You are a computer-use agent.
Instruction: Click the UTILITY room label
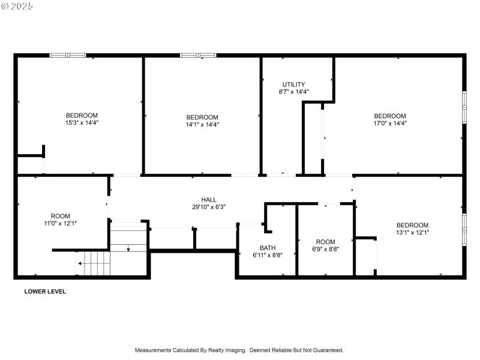pos(294,84)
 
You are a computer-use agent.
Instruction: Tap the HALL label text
pos(209,200)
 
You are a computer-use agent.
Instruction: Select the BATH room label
pos(268,248)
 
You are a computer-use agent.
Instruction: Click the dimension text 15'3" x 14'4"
pos(82,122)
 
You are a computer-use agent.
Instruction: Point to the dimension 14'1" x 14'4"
pos(202,125)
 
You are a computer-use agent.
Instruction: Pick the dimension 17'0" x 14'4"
pos(390,124)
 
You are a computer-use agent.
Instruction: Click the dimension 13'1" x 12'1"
pos(412,233)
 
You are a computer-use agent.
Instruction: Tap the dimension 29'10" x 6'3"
pos(209,207)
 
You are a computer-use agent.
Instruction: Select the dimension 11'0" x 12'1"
pos(60,223)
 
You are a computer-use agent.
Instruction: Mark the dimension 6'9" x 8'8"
pos(326,249)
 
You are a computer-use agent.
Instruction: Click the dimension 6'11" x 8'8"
pos(268,255)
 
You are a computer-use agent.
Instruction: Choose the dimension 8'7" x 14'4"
pos(294,92)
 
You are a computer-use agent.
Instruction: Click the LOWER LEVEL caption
pos(45,292)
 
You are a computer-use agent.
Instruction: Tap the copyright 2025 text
pos(17,6)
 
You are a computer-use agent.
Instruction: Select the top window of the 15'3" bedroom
pos(68,55)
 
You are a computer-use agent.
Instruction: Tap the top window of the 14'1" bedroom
pos(199,55)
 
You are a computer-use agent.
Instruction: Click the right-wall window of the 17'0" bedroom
pos(464,107)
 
